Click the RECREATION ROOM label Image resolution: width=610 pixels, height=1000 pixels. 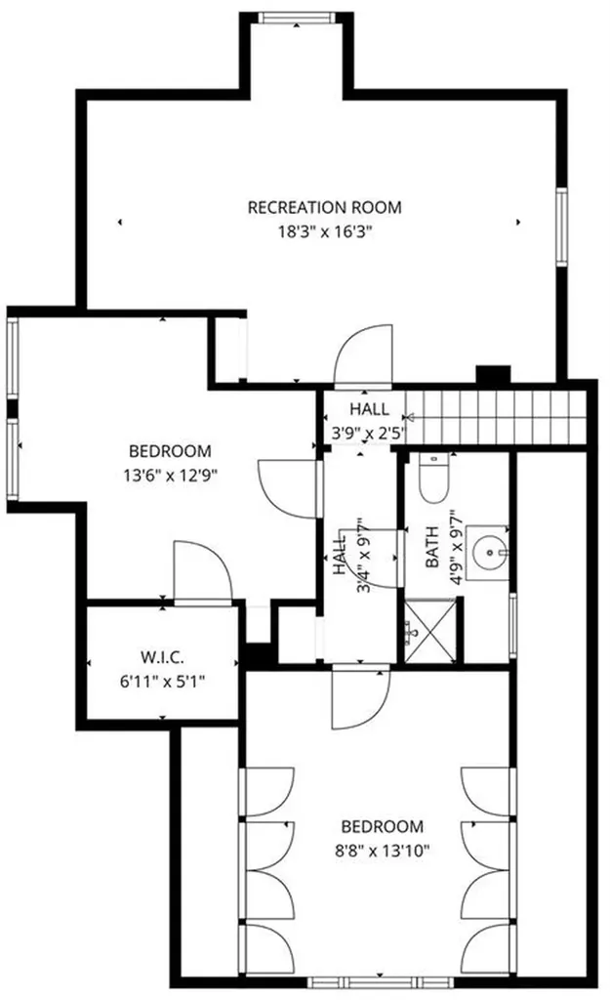[324, 207]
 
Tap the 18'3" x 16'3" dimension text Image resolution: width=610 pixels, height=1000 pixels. [324, 231]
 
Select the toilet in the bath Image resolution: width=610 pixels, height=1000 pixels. [430, 481]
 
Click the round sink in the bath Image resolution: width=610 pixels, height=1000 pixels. [485, 553]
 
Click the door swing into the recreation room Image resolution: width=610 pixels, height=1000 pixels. [363, 353]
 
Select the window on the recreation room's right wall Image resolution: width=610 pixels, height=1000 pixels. [562, 226]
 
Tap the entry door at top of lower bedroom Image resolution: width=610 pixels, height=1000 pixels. [359, 697]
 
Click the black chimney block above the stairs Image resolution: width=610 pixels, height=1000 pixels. [494, 374]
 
